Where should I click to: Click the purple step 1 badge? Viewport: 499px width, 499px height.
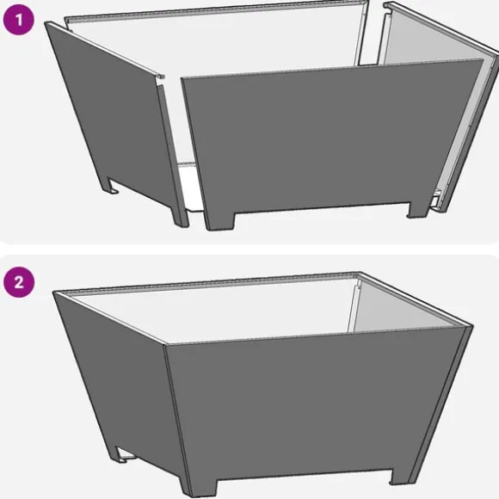pyautogui.click(x=18, y=20)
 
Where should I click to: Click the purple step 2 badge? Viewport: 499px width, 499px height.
pyautogui.click(x=19, y=282)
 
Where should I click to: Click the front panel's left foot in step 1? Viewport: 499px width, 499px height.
pyautogui.click(x=219, y=220)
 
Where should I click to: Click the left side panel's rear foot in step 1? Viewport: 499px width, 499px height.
pyautogui.click(x=110, y=185)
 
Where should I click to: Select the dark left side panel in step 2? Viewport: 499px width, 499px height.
pyautogui.click(x=118, y=382)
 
